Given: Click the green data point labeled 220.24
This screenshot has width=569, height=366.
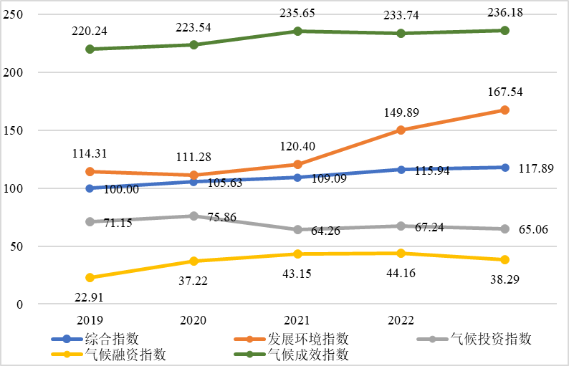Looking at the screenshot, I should [x=90, y=49].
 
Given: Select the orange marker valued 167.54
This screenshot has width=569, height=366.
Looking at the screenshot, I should [x=505, y=110].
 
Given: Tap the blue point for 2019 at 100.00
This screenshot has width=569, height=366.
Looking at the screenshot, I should [x=90, y=188].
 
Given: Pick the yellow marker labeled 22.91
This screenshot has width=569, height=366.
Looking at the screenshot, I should [x=90, y=277].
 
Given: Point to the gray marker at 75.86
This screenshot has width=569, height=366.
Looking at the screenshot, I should [x=193, y=216].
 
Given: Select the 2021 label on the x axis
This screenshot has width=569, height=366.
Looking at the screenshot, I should [x=297, y=320].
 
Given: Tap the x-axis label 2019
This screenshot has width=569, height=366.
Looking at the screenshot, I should [x=90, y=320].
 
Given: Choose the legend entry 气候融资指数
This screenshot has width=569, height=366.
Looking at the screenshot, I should [x=126, y=355].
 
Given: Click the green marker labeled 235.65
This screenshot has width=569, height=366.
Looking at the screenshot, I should [x=297, y=32].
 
